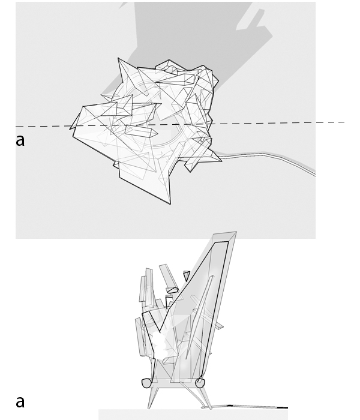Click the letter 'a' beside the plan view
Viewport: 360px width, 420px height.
[x=20, y=140]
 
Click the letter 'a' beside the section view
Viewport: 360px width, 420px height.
[x=20, y=401]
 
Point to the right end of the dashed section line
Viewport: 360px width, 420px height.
[x=344, y=122]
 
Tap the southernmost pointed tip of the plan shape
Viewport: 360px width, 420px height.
[x=170, y=203]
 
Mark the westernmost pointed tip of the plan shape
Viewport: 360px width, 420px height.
[x=71, y=128]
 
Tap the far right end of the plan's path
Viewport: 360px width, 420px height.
[x=314, y=175]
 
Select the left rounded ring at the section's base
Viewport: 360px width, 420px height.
[x=146, y=382]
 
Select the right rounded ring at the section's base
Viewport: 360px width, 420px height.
[x=200, y=382]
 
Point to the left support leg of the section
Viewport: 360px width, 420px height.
[x=150, y=396]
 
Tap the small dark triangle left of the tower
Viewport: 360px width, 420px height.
[x=187, y=275]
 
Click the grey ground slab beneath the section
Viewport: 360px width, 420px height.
[x=192, y=415]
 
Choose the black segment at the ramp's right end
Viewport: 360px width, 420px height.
[x=279, y=407]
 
